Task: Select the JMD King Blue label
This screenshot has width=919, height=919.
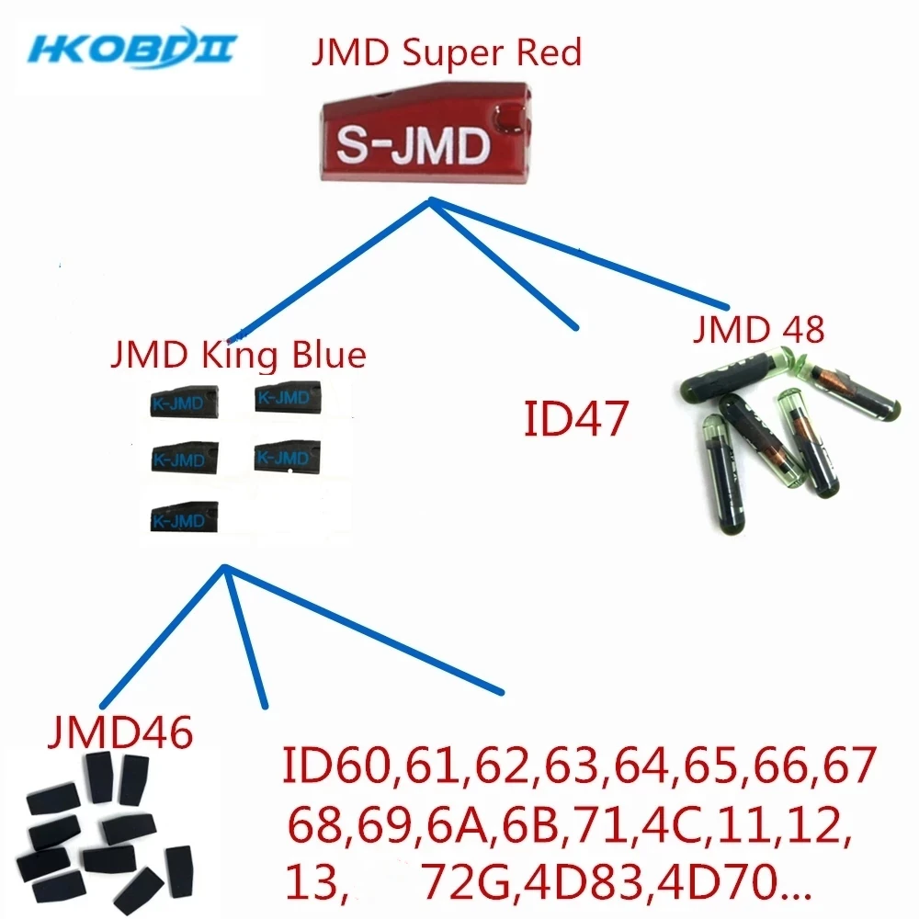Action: pos(237,354)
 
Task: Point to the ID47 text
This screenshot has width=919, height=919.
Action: pos(576,420)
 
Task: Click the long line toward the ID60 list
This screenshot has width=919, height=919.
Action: pos(363,630)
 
